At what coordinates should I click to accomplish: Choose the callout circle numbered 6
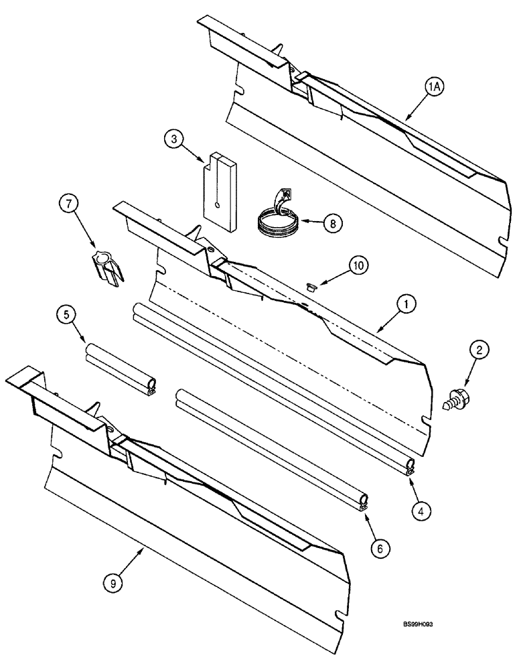point(379,547)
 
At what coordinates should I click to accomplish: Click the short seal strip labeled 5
point(121,367)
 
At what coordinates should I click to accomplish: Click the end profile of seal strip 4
point(410,468)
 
